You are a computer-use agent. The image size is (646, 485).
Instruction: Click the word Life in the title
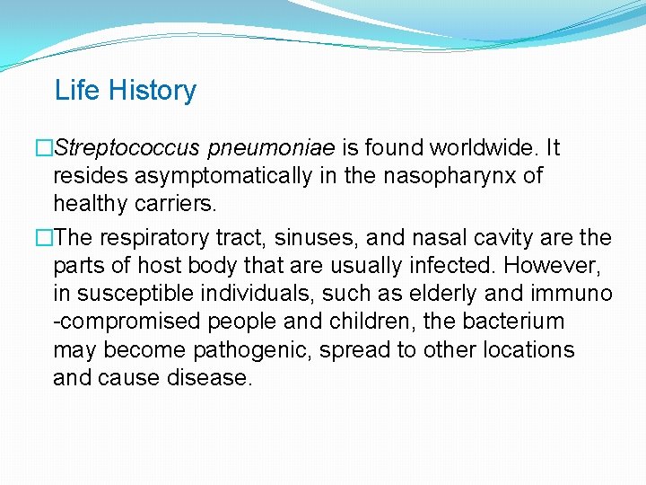(73, 91)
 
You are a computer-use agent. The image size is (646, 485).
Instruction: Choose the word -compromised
(116, 322)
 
